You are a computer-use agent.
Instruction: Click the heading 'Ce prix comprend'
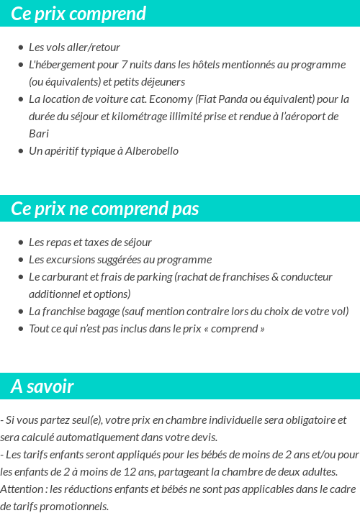(78, 14)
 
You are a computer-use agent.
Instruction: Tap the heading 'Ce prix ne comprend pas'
(105, 209)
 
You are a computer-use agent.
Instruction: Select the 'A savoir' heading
(42, 386)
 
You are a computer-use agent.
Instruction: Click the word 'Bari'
(39, 134)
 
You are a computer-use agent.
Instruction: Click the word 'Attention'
(22, 489)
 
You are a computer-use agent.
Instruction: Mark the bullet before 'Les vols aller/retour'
(21, 47)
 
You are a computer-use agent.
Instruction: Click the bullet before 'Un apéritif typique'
(21, 151)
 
